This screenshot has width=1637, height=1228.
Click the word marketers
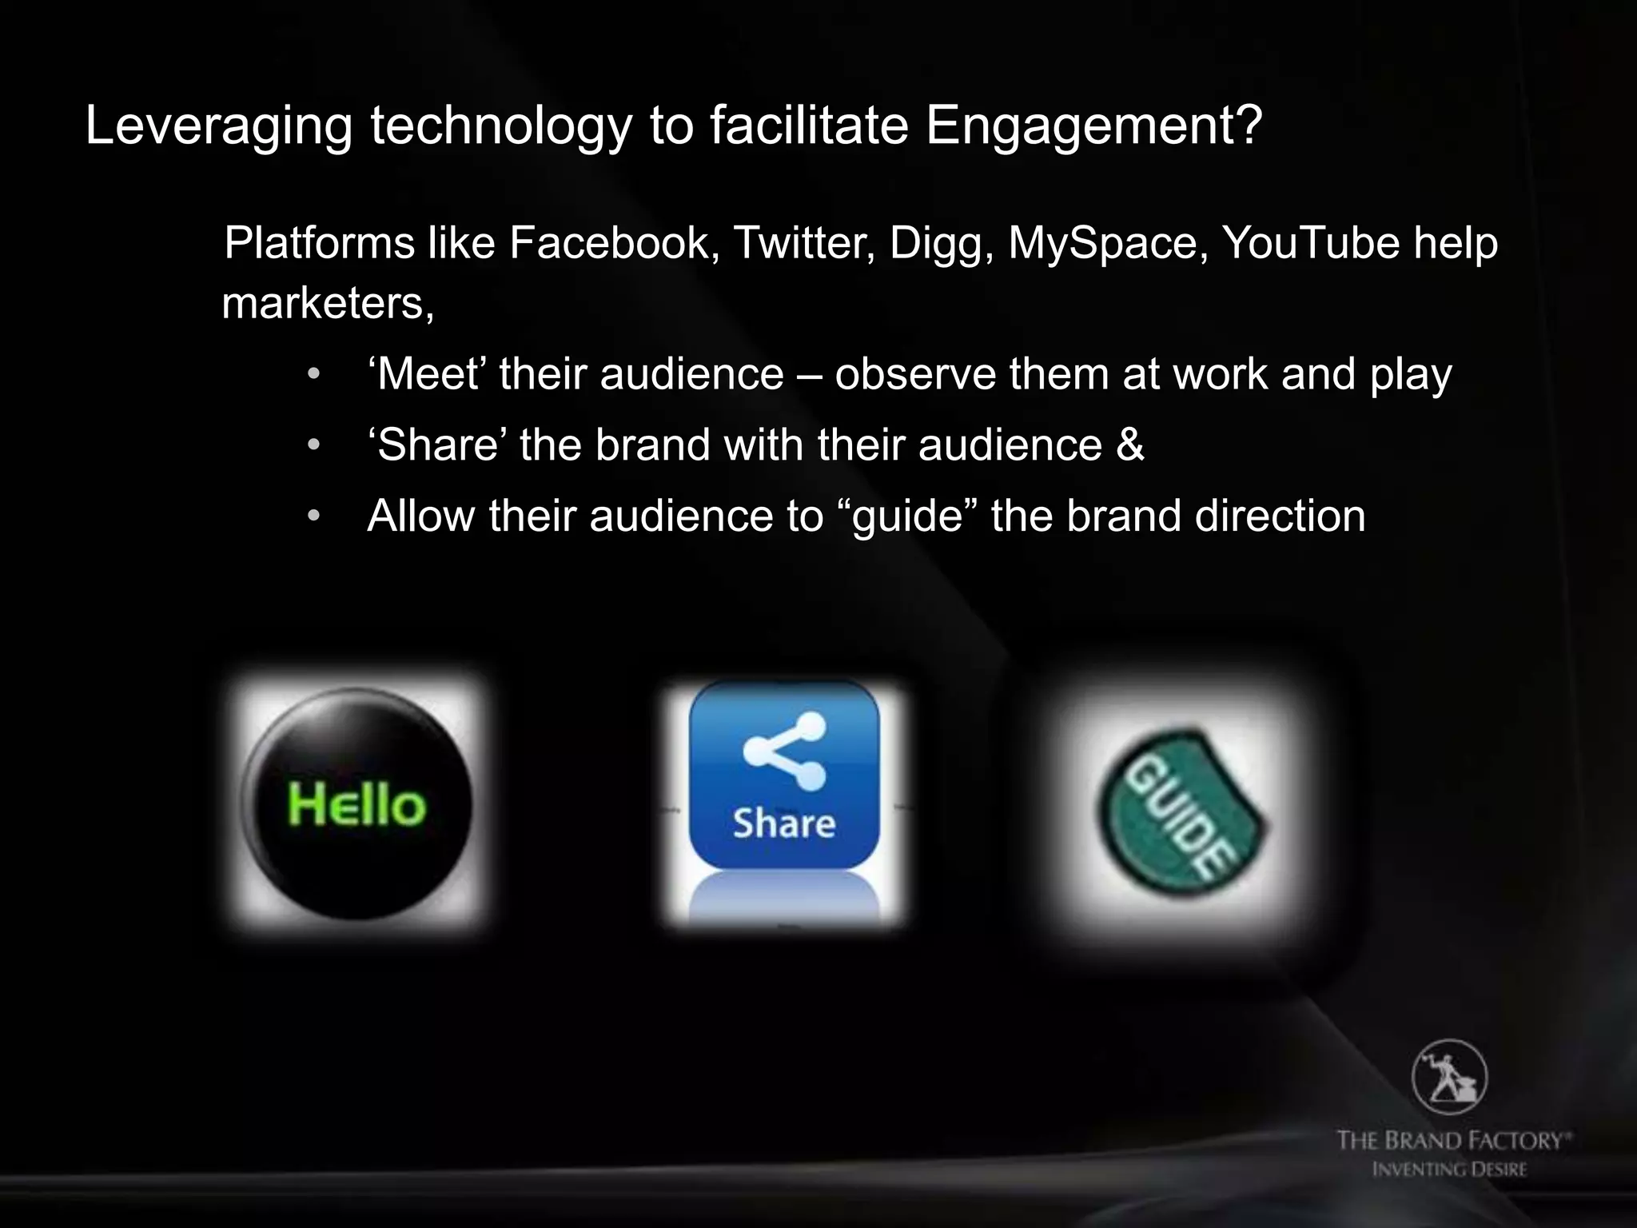pos(328,304)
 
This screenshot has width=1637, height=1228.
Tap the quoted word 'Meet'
pos(428,374)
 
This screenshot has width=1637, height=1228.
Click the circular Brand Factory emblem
pos(1449,1078)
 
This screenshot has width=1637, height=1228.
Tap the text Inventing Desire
pos(1449,1170)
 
